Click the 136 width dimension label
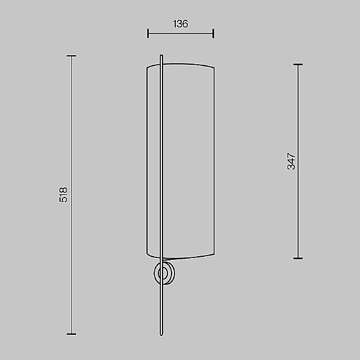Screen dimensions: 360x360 (181, 24)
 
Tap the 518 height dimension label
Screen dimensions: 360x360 (64, 194)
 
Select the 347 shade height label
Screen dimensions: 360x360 (291, 161)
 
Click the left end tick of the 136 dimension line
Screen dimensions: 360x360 (148, 34)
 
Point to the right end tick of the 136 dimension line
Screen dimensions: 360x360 (213, 34)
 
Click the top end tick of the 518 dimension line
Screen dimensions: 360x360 (71, 56)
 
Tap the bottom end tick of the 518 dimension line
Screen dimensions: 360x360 (71, 334)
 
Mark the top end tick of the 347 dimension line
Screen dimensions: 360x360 (298, 65)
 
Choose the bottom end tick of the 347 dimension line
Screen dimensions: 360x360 (298, 258)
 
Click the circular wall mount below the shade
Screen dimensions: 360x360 (164, 274)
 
